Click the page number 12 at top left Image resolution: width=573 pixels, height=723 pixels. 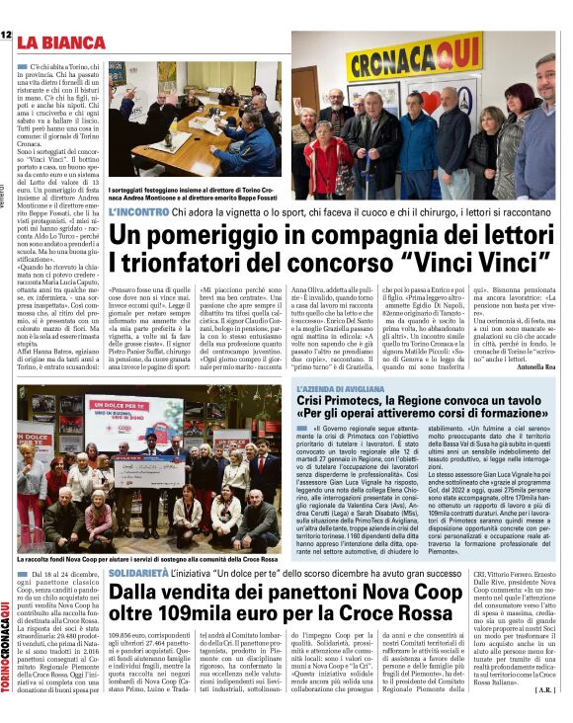click(x=7, y=36)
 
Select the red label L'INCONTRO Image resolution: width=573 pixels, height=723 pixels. click(x=137, y=212)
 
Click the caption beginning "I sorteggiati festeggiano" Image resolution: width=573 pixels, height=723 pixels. click(x=193, y=190)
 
